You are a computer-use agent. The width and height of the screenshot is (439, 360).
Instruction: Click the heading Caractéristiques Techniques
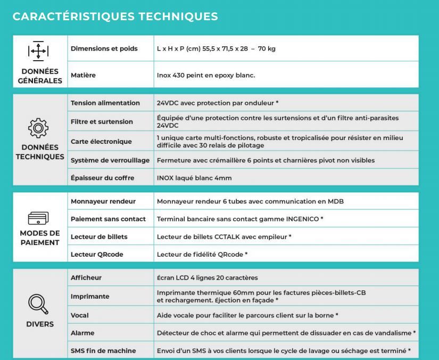(115, 17)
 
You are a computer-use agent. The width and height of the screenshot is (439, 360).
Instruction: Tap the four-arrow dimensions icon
(38, 51)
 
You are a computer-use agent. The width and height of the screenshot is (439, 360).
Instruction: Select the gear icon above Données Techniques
(38, 128)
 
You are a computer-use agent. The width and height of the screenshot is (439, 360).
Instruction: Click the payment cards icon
(38, 219)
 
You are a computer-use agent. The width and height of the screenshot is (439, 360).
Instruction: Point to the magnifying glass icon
(38, 304)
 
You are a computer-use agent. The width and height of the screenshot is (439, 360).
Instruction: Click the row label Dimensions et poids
(104, 48)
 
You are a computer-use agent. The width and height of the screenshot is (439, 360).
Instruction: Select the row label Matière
(83, 75)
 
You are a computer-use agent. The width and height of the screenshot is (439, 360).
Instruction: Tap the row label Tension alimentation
(105, 103)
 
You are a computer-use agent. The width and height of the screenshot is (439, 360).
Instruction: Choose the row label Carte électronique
(101, 142)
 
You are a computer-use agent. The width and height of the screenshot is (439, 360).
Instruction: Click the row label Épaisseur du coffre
(102, 178)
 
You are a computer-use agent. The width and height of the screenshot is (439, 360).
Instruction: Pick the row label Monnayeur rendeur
(103, 201)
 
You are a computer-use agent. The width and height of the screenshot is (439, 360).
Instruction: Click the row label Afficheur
(86, 277)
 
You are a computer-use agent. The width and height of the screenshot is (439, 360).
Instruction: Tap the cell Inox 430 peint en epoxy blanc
(206, 75)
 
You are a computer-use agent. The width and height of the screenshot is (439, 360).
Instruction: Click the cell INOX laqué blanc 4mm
(194, 178)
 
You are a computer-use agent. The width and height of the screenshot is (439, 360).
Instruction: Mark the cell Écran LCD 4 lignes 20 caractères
(207, 277)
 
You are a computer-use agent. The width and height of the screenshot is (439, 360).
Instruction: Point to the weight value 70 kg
(267, 48)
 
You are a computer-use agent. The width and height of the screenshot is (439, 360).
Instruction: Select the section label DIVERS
(40, 324)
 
